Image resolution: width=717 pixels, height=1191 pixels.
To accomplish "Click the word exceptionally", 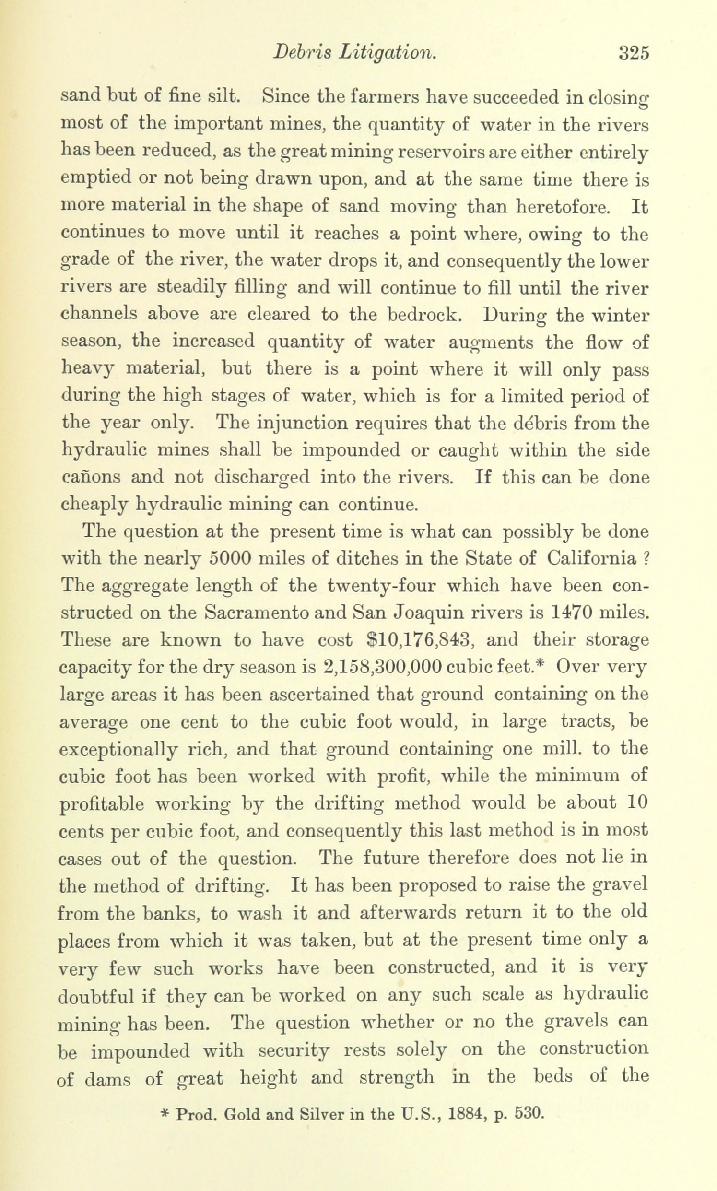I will (x=118, y=749).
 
